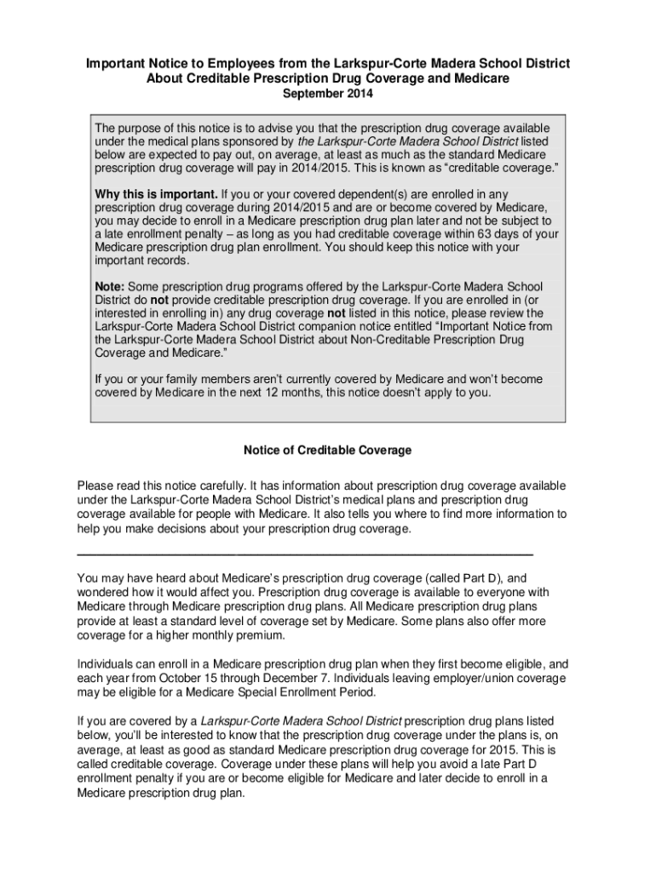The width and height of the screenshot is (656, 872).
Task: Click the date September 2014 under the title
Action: point(327,94)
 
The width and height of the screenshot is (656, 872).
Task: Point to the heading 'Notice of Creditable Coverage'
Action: point(327,450)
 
